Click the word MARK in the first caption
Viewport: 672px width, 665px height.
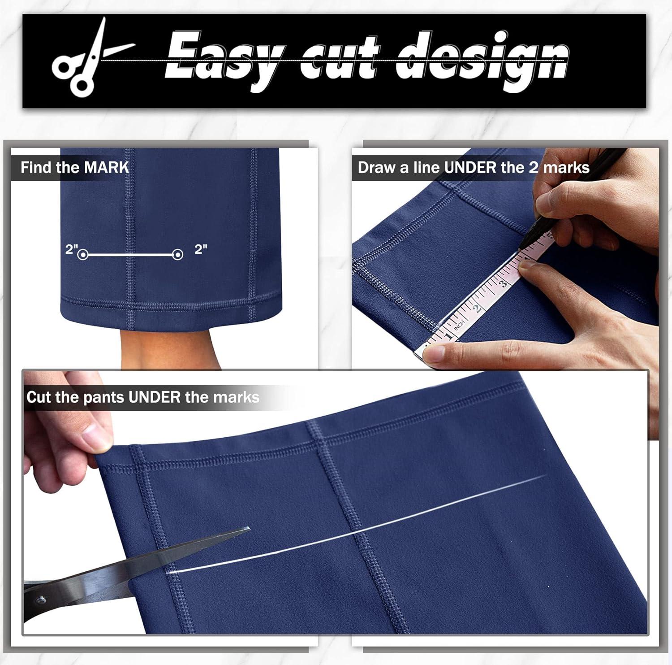[x=107, y=168]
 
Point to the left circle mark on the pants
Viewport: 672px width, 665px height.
[x=82, y=255]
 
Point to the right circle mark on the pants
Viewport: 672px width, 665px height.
[x=178, y=255]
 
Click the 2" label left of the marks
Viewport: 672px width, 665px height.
[x=72, y=249]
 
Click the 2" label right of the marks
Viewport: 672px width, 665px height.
[x=201, y=249]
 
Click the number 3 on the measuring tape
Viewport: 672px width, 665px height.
[x=504, y=283]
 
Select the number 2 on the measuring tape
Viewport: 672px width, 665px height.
[x=478, y=308]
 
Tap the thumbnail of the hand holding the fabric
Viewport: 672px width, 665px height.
[x=96, y=436]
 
